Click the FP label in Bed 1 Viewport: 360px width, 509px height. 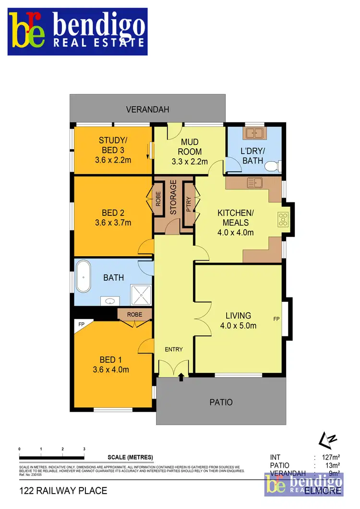coord(81,325)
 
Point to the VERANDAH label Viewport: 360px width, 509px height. coord(148,109)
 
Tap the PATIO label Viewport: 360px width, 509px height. coord(221,402)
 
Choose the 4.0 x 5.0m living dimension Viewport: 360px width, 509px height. coord(239,326)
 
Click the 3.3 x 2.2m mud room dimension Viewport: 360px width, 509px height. coord(190,161)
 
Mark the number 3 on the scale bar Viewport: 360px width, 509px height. coord(84,449)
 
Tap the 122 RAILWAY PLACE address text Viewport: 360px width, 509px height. coord(63,491)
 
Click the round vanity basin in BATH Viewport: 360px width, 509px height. coord(111,301)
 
